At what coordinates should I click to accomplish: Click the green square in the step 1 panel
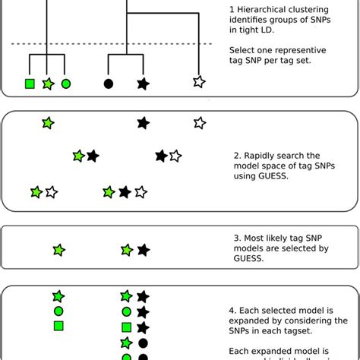[30, 84]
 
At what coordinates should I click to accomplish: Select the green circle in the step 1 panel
[66, 84]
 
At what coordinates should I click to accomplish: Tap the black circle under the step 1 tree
[109, 84]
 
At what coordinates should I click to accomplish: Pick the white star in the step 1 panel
[199, 81]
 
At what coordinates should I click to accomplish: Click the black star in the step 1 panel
[143, 84]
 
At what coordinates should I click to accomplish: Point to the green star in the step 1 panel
[48, 84]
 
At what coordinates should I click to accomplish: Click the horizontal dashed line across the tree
[114, 43]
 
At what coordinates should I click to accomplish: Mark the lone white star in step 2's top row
[199, 122]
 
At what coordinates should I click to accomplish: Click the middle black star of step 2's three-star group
[125, 192]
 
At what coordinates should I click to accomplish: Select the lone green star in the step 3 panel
[58, 249]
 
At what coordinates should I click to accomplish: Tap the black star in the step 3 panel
[143, 249]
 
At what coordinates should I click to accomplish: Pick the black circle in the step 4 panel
[142, 343]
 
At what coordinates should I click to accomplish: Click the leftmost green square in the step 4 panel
[58, 326]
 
